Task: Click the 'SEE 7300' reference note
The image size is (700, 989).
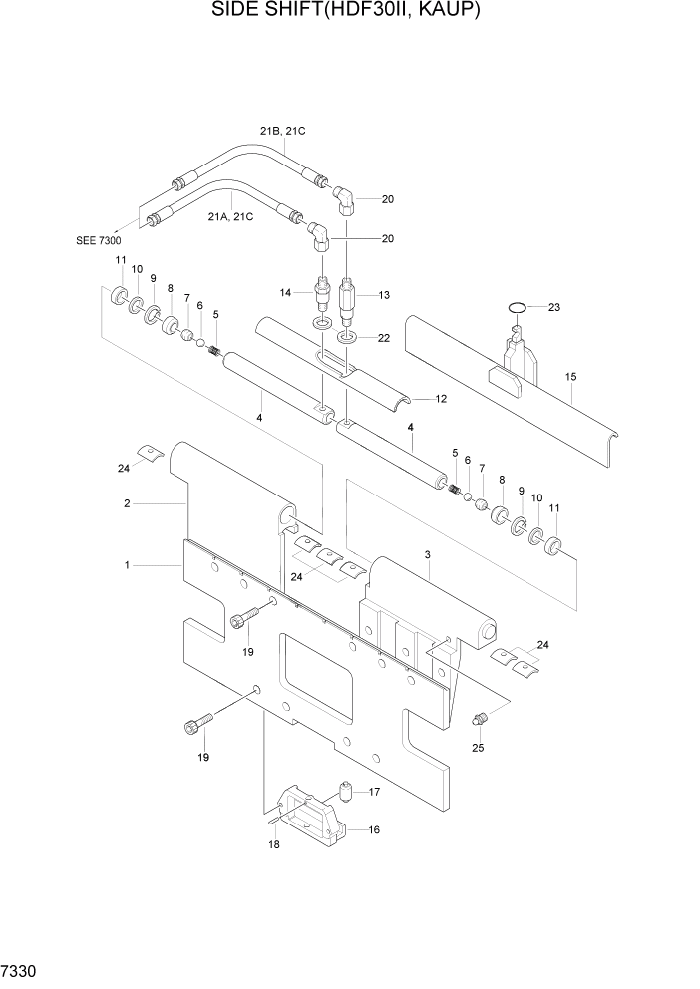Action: pos(98,239)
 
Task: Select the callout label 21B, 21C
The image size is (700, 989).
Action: pos(283,131)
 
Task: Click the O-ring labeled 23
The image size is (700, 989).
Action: pos(516,308)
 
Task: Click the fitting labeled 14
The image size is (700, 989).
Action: pos(322,294)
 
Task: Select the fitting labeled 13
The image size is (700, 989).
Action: pos(348,296)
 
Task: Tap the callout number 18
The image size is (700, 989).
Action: pos(272,844)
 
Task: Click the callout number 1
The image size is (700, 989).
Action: pos(127,565)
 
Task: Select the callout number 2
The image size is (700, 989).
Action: pos(127,503)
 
